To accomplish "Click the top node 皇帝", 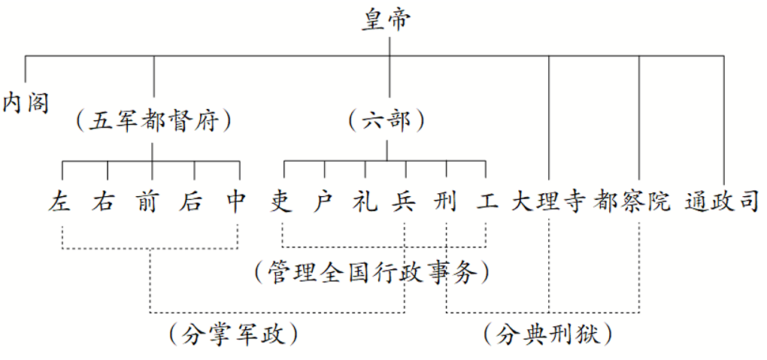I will (x=389, y=20).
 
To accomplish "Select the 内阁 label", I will (x=26, y=101).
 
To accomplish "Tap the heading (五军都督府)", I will (x=153, y=120).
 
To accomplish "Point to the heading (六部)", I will (x=388, y=120).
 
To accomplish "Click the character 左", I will (x=60, y=201).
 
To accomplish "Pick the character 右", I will (x=104, y=201).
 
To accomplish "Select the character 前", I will (x=148, y=201).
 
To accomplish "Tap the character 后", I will (x=193, y=201).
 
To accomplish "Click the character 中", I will (x=237, y=201).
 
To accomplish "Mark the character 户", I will (x=324, y=201).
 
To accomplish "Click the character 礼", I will (x=365, y=201).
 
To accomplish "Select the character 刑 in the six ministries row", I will (x=446, y=201).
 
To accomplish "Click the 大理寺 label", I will (x=548, y=201).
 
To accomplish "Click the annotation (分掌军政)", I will (x=233, y=333).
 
